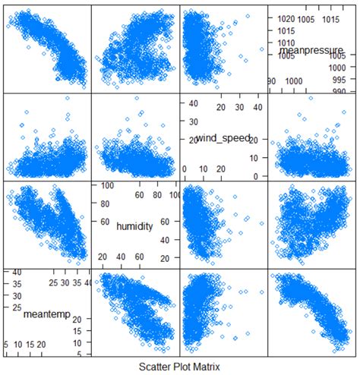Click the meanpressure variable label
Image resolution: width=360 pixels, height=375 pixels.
pos(312,50)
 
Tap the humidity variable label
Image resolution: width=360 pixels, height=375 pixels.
pos(135,225)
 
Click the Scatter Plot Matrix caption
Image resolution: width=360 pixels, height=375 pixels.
pos(180,367)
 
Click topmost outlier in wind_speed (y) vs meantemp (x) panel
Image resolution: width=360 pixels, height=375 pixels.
pos(68,98)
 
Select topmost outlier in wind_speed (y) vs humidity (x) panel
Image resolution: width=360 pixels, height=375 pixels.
pos(137,99)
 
